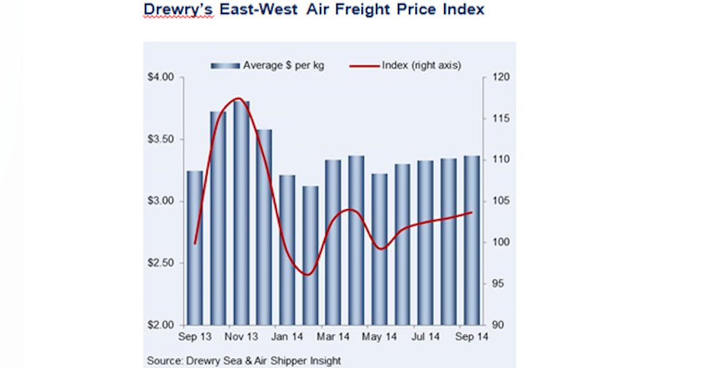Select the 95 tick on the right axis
pos(494,284)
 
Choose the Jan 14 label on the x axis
pos(287,337)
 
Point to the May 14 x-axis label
pos(379,337)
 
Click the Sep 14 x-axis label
pos(471,337)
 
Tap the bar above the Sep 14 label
pos(472,240)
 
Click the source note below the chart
pos(243,360)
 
